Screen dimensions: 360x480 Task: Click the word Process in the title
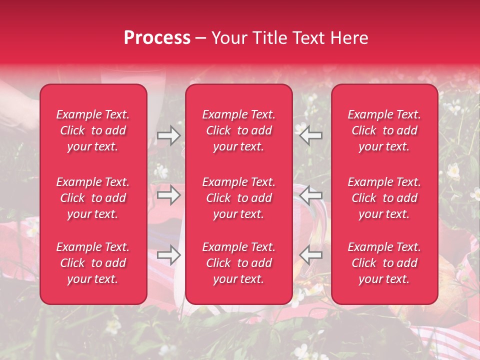(157, 38)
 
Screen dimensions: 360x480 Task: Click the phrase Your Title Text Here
(290, 38)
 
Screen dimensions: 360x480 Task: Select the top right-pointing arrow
(168, 135)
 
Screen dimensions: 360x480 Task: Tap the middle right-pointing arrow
(168, 195)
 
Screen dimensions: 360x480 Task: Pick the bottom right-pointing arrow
(168, 255)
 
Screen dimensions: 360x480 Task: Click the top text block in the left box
(93, 130)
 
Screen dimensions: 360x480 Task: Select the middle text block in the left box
(93, 198)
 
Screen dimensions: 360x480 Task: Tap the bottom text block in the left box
(93, 263)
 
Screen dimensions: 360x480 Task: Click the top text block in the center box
(239, 130)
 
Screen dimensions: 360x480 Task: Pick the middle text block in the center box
(239, 198)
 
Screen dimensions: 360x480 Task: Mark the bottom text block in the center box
(239, 263)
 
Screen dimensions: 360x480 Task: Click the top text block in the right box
(384, 130)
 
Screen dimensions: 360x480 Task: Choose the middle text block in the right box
(384, 198)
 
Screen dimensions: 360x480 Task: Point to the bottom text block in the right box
(384, 263)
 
